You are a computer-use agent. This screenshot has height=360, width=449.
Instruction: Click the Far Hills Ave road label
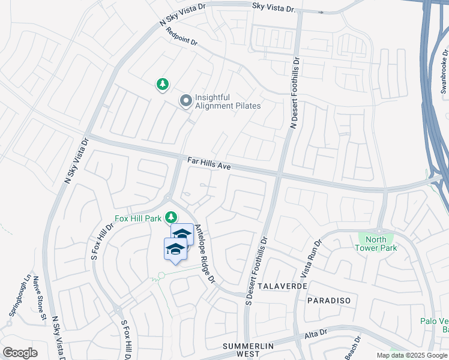click(209, 164)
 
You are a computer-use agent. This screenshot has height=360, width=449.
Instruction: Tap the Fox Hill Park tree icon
click(172, 217)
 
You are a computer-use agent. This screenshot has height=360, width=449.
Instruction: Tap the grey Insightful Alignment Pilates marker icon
click(186, 101)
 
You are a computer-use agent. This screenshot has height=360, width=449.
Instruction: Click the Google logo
click(20, 353)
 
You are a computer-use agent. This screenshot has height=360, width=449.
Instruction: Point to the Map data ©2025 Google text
click(411, 355)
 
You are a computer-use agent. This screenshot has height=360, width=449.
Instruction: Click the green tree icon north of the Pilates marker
click(163, 85)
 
